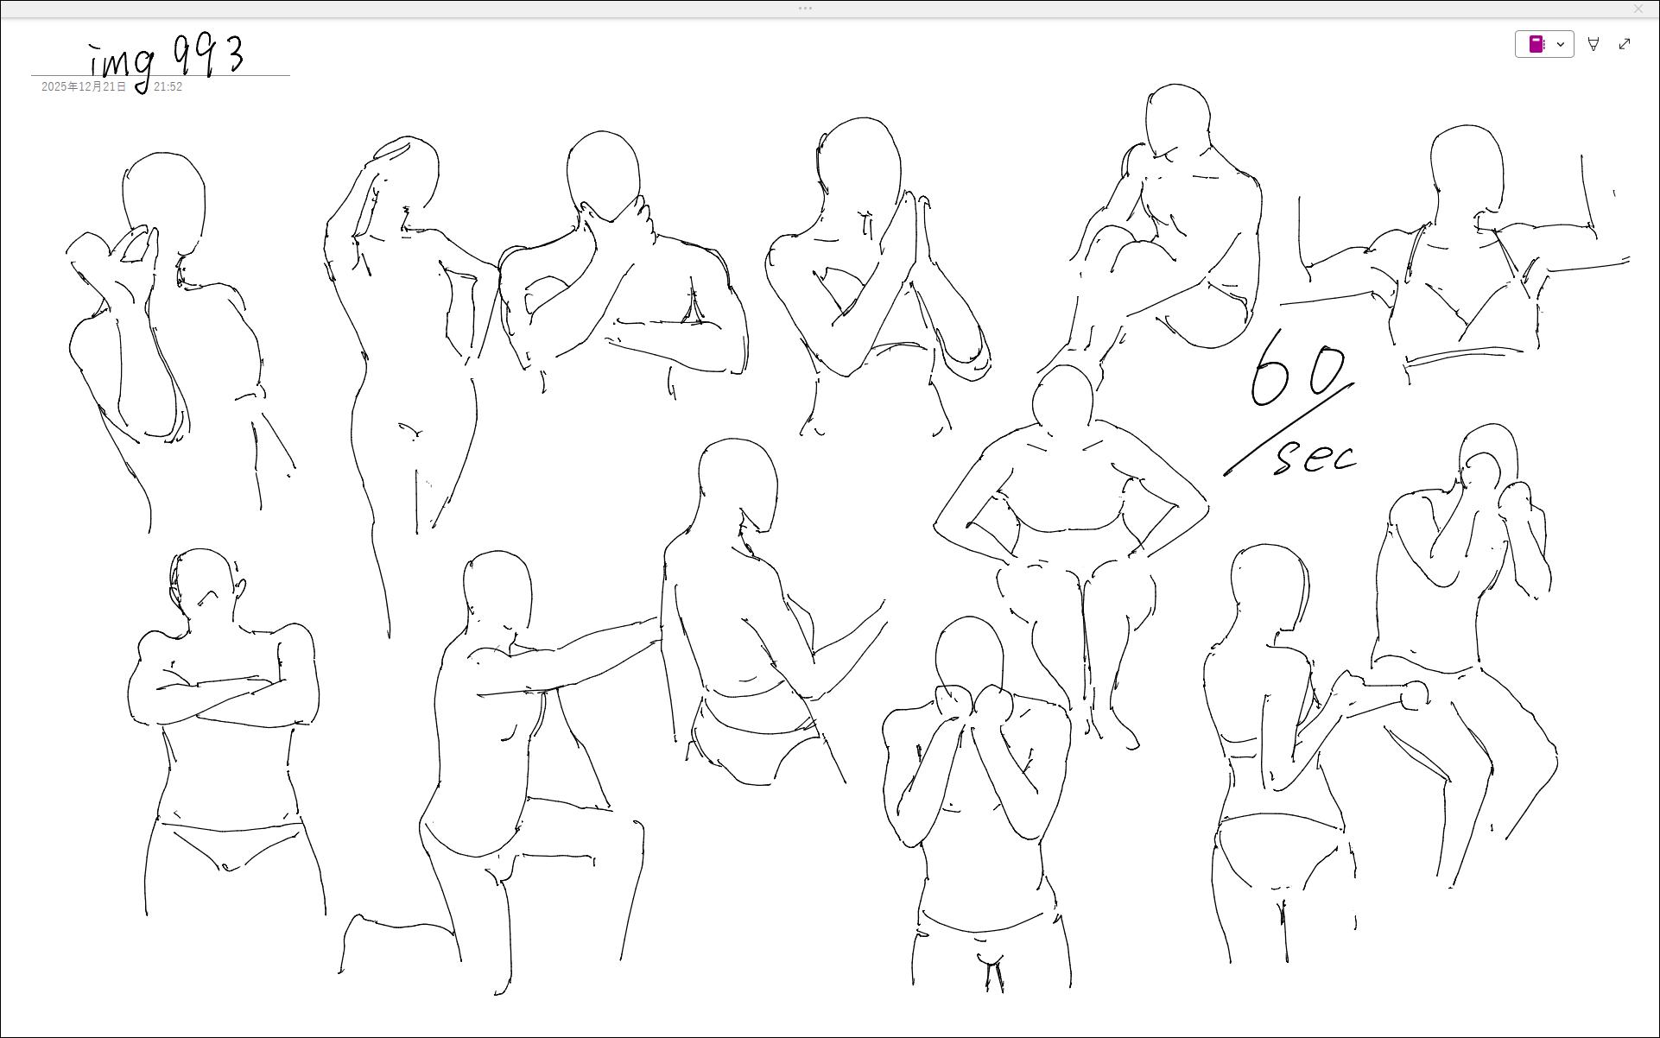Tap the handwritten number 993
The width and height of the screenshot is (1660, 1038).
[x=208, y=55]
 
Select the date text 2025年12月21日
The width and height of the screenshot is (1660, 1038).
[x=84, y=86]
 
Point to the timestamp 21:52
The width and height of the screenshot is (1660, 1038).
[x=168, y=86]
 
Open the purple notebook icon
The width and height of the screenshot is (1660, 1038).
[x=1536, y=44]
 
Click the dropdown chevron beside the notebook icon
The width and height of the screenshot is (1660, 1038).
[x=1561, y=44]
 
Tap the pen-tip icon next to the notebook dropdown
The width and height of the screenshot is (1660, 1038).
[x=1593, y=44]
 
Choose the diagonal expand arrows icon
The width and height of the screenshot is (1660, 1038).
[x=1625, y=44]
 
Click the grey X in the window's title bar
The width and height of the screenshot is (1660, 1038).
[x=1638, y=9]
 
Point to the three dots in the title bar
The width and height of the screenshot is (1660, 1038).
[x=805, y=9]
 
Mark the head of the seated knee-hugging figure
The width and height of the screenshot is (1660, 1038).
[x=1177, y=120]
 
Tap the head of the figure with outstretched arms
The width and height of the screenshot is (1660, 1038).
[x=1467, y=168]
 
